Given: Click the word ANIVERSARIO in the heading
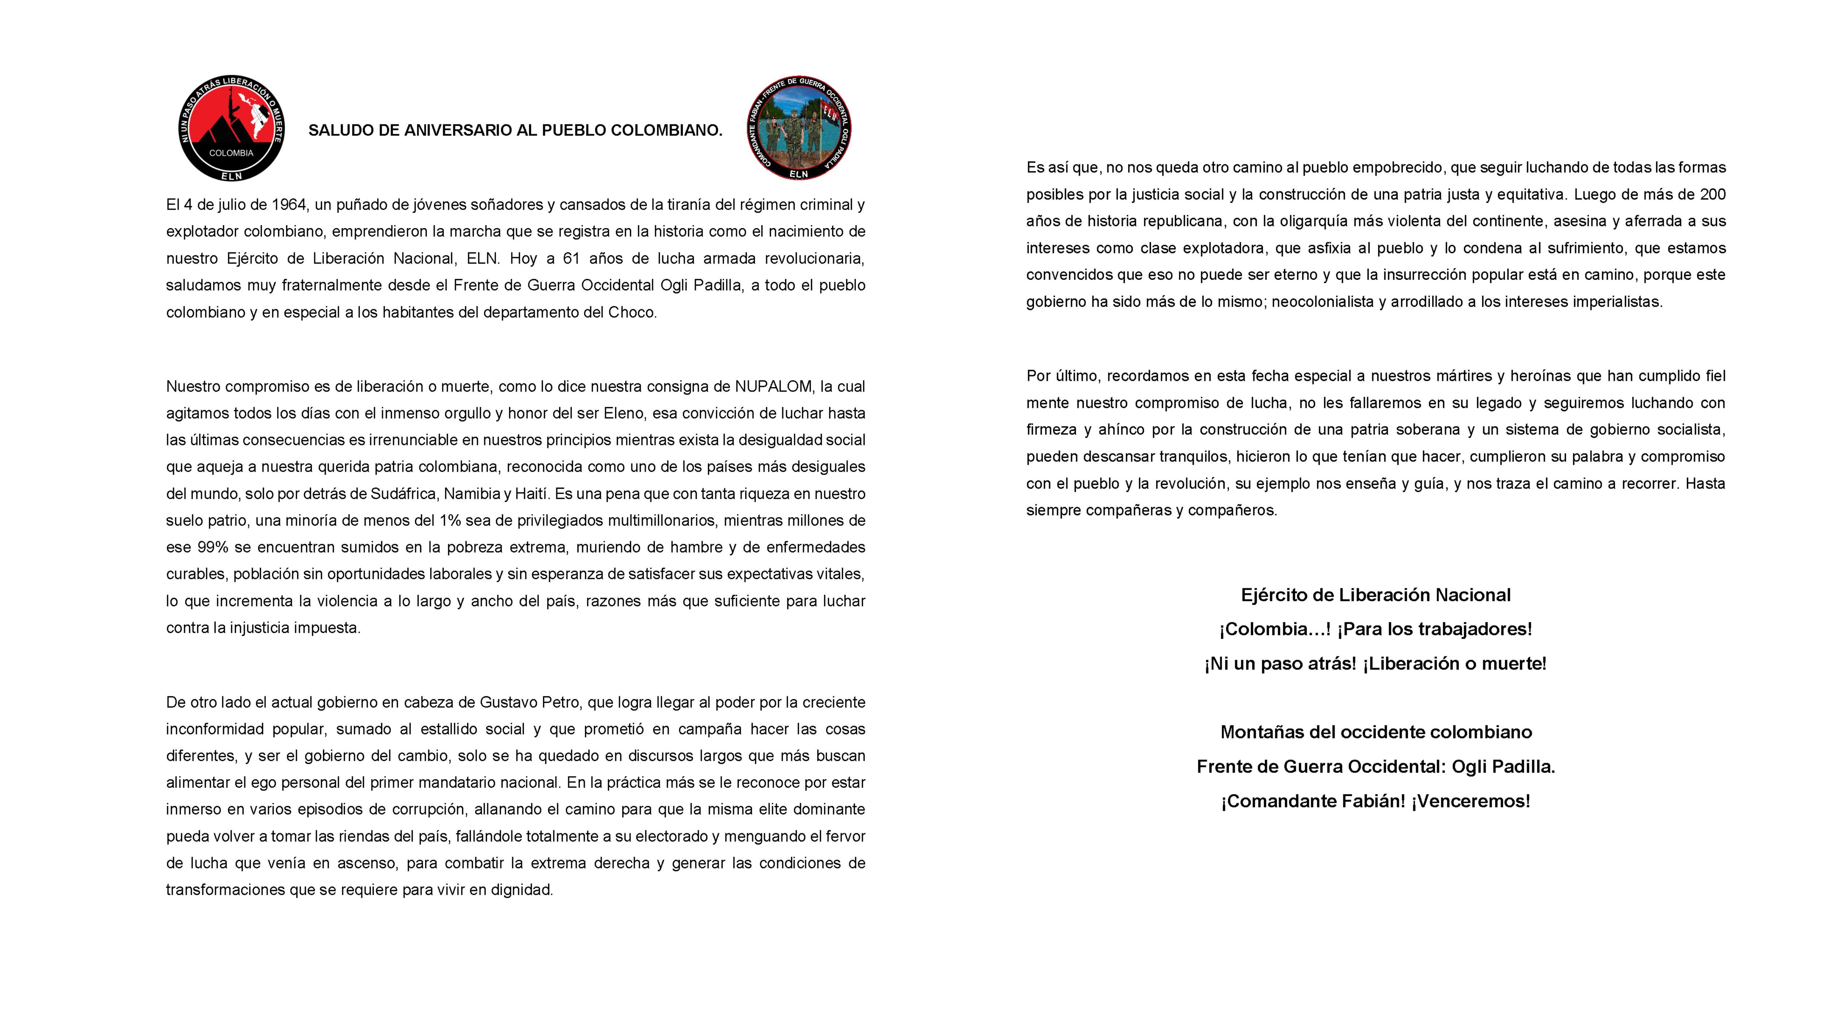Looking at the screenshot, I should click(x=468, y=130).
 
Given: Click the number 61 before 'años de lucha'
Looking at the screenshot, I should click(x=571, y=259).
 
